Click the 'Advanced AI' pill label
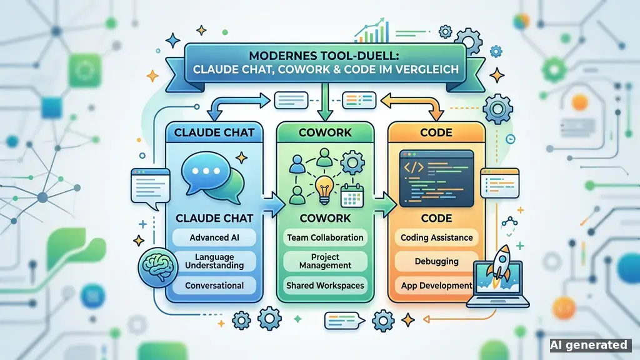pos(214,237)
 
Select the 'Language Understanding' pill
pos(214,261)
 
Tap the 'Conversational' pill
pos(214,285)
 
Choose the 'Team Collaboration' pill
pos(325,237)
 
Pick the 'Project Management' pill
pos(325,261)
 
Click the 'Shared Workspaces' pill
pos(325,285)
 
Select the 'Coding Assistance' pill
pos(436,237)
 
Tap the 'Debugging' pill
pos(436,261)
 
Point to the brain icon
pos(158,267)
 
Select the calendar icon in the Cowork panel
pos(352,196)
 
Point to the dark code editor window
pos(436,178)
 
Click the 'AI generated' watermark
pos(588,345)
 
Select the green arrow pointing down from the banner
pos(325,102)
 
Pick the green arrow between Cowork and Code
pos(385,204)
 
